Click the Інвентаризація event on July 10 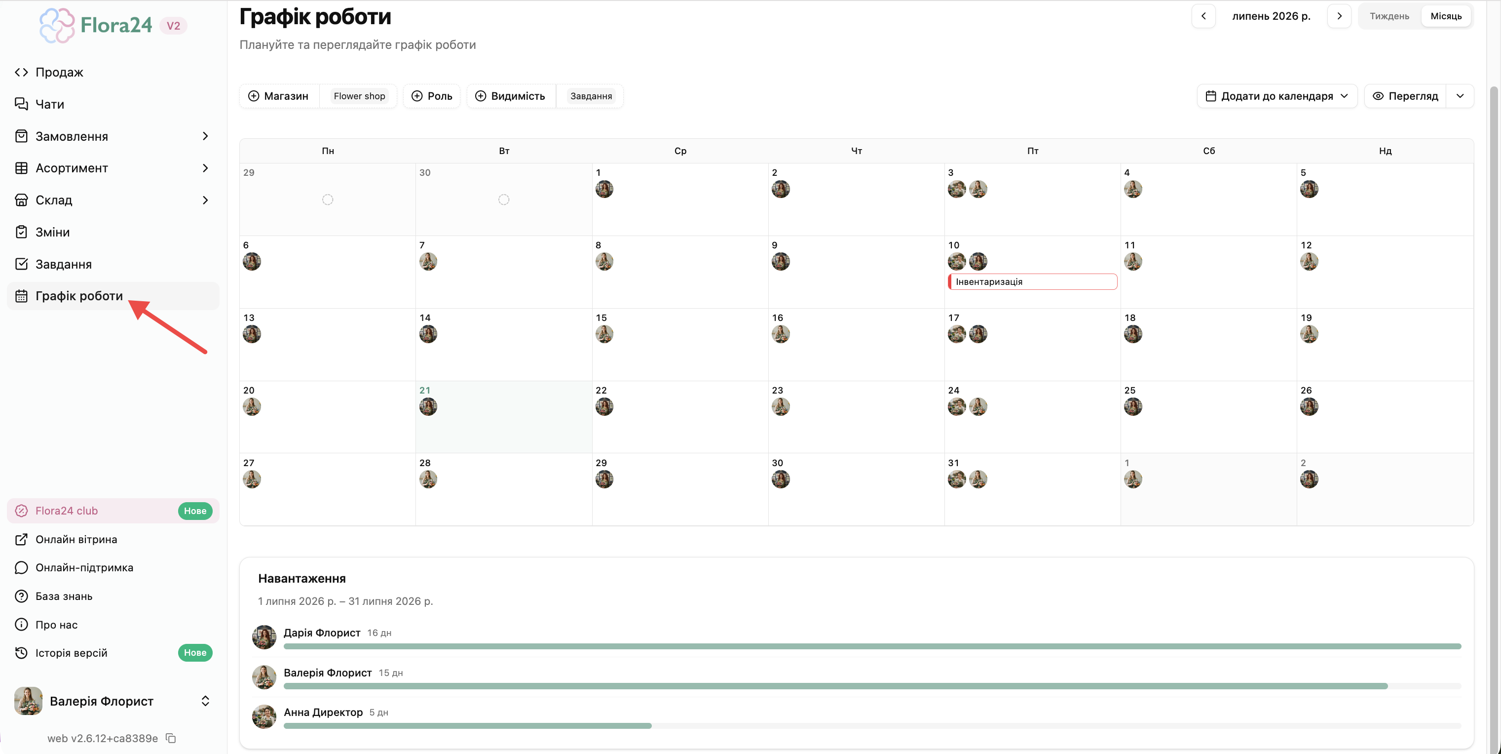(1033, 281)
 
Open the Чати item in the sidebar (49, 104)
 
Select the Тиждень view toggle (1389, 16)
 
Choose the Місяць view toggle (1446, 16)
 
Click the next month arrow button (1339, 16)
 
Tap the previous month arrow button (1203, 16)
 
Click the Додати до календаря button (1276, 96)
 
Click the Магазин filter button (278, 96)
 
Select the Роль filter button (432, 96)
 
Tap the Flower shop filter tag (359, 96)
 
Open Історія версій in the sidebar (71, 653)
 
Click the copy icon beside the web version (171, 738)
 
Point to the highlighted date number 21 (425, 390)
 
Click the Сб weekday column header (1209, 151)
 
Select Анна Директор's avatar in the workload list (264, 716)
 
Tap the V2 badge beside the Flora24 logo (173, 26)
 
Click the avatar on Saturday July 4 (1133, 189)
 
